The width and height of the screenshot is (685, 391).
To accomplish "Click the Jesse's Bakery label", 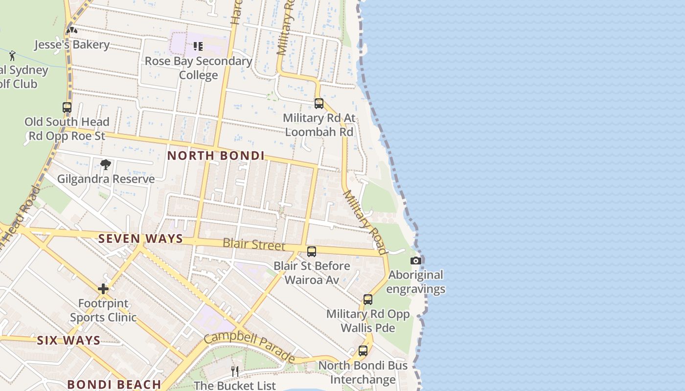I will coord(72,45).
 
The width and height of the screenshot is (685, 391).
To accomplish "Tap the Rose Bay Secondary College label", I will coord(198,68).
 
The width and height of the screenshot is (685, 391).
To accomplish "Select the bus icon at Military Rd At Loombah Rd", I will coord(319,104).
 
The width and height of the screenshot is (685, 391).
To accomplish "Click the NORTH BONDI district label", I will coord(216,156).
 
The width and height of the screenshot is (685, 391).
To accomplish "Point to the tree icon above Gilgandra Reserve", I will coord(105,164).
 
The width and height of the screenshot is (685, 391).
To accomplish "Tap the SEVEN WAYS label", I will coord(140,239).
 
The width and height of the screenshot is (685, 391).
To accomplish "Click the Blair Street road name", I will coord(253,244).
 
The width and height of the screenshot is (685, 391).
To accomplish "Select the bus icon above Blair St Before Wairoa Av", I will coord(312,252).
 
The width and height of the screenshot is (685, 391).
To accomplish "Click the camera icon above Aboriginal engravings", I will coord(415,261).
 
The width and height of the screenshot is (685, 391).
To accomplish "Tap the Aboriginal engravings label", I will coord(415,282).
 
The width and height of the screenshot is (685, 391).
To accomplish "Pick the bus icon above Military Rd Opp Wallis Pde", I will coord(368,300).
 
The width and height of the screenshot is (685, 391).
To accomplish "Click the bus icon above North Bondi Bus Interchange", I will coord(363,350).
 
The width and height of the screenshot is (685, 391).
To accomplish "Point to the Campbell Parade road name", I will coord(249,348).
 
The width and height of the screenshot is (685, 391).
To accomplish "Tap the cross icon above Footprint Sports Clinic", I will coord(103,289).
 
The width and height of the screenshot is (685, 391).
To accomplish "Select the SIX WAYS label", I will coord(68,341).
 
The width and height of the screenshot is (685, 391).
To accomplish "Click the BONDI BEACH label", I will coord(114,384).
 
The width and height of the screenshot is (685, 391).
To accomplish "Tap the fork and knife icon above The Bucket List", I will coord(235,371).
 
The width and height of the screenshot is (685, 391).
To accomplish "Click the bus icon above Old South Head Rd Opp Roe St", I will coord(67,108).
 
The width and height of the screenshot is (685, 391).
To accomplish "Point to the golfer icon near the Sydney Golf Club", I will coord(12,55).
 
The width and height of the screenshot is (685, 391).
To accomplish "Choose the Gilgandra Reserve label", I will coord(106,179).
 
